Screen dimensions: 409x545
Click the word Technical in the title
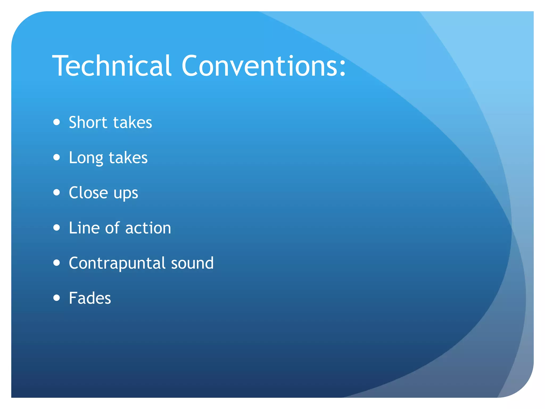click(x=112, y=66)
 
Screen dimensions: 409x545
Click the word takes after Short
click(x=133, y=122)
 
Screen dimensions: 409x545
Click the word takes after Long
click(x=128, y=158)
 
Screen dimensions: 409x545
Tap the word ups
click(x=126, y=194)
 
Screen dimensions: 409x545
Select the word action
click(x=148, y=228)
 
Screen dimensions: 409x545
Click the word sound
click(x=192, y=263)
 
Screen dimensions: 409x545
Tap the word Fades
click(x=90, y=298)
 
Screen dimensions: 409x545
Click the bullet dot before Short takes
click(x=56, y=122)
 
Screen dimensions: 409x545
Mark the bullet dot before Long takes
click(x=56, y=157)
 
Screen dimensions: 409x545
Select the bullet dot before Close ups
click(x=56, y=193)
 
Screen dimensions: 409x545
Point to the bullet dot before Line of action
click(x=56, y=228)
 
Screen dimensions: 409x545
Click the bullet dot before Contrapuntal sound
click(x=56, y=263)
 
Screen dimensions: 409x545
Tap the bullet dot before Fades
click(x=56, y=298)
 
